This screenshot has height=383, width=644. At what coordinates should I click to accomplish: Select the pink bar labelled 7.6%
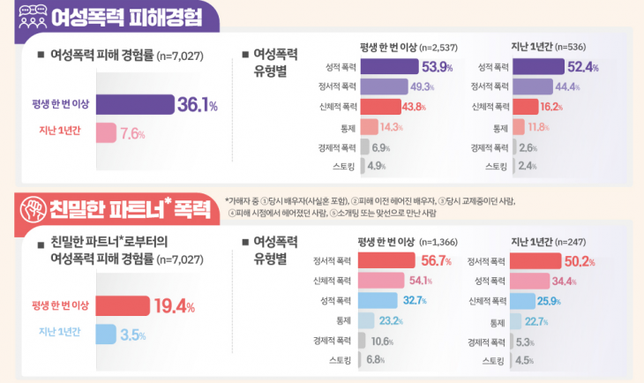105,134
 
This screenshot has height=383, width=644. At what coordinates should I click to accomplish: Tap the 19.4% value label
174,306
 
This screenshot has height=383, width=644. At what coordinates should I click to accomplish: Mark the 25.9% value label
573,300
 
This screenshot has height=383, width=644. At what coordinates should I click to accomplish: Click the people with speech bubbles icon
34,16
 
